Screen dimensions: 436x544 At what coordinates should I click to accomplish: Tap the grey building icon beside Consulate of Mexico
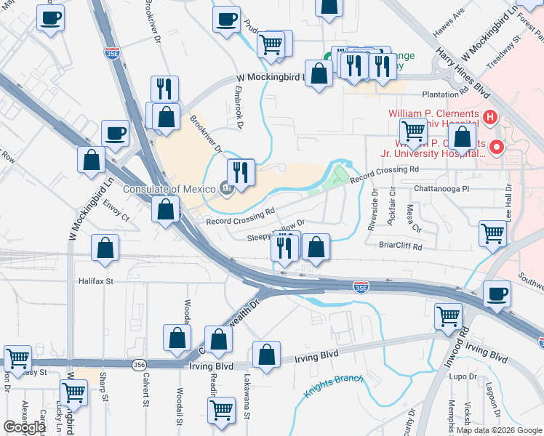coord(226,190)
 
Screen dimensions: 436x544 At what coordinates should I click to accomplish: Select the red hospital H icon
coord(490,116)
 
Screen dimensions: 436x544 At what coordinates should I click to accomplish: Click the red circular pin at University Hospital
coord(497,148)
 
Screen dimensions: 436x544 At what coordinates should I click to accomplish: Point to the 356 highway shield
coord(138,363)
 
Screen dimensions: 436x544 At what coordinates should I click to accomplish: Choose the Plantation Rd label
coord(447,94)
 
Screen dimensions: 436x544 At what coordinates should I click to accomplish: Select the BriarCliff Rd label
coord(401,246)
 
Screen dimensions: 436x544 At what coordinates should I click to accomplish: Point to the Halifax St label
coord(96,280)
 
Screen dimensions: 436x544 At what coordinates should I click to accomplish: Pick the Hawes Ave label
coord(448,25)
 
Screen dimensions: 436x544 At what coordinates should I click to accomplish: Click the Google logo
coord(24,427)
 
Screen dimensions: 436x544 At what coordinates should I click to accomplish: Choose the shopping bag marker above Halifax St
coord(105,248)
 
